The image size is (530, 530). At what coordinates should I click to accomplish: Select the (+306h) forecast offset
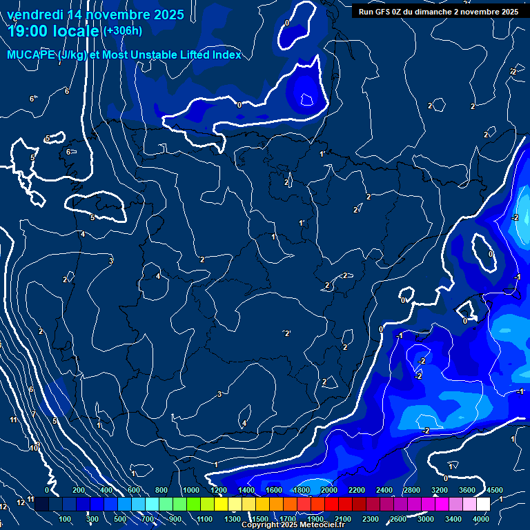(123, 31)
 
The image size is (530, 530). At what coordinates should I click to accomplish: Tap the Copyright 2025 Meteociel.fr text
(293, 525)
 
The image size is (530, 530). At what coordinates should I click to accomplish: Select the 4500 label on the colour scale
(494, 490)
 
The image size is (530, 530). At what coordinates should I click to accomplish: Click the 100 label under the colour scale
(66, 519)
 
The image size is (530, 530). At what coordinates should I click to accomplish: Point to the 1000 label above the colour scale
(190, 490)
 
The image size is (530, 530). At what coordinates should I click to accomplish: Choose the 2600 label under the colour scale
(398, 519)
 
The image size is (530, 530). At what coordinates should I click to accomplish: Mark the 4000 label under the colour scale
(481, 519)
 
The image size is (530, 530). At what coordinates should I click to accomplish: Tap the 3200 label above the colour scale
(440, 490)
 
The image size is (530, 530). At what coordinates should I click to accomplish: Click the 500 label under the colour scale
(121, 519)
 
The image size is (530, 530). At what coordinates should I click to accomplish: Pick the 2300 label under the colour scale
(371, 519)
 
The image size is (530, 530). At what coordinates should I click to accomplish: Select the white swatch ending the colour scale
(483, 504)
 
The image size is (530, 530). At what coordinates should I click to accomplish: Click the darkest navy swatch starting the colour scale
(41, 504)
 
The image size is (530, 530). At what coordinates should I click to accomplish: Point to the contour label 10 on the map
(33, 448)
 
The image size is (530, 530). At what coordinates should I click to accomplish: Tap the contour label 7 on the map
(33, 414)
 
